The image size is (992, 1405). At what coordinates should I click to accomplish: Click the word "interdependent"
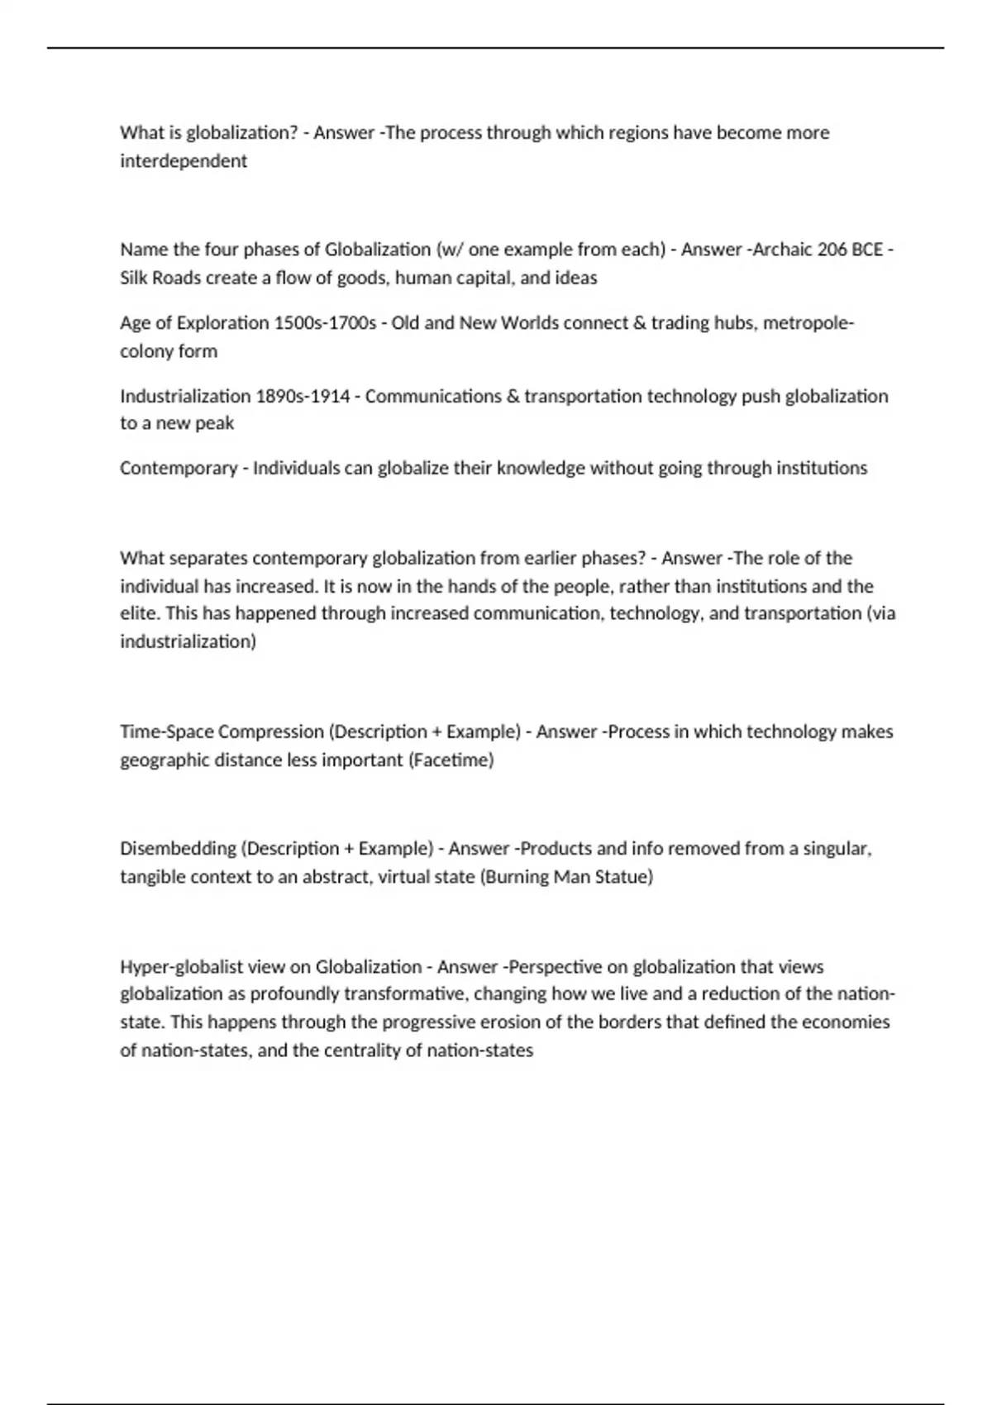(183, 161)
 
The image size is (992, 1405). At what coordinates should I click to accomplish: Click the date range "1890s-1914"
(303, 396)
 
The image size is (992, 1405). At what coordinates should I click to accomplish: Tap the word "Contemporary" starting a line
(178, 469)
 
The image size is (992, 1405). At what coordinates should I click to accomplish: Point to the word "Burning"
(517, 877)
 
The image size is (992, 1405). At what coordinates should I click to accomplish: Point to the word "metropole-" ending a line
(808, 322)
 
